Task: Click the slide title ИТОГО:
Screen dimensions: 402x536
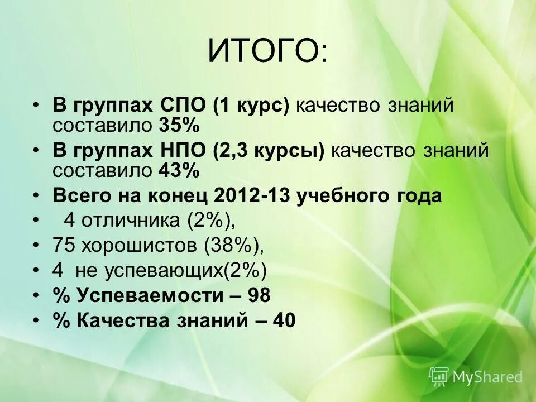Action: tap(269, 52)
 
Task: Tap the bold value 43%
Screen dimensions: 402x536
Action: tap(179, 171)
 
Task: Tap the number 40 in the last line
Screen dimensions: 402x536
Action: tap(283, 320)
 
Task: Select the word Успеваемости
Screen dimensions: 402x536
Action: tap(147, 295)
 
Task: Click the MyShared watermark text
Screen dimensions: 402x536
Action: tap(487, 377)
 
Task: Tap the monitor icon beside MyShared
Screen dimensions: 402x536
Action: tap(439, 377)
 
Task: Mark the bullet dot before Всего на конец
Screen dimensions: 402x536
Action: tap(36, 196)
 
